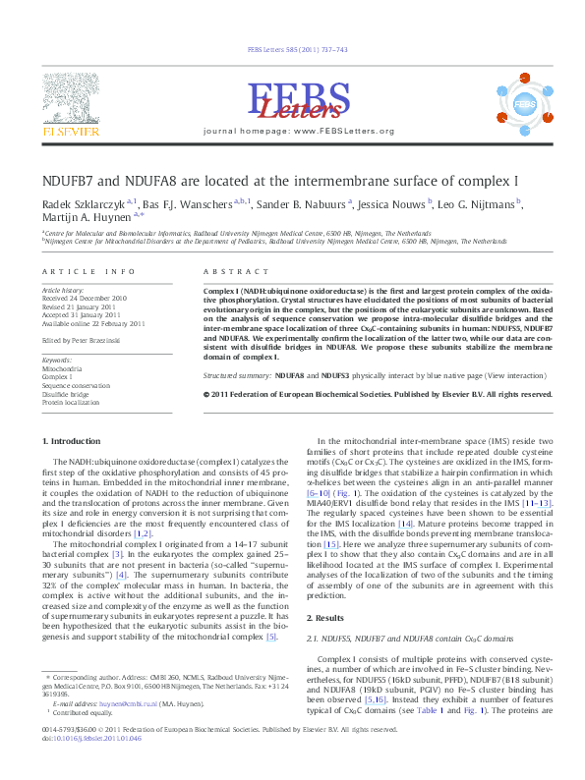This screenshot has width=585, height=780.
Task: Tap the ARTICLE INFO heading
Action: point(88,270)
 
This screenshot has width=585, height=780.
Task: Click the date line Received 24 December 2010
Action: point(84,298)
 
